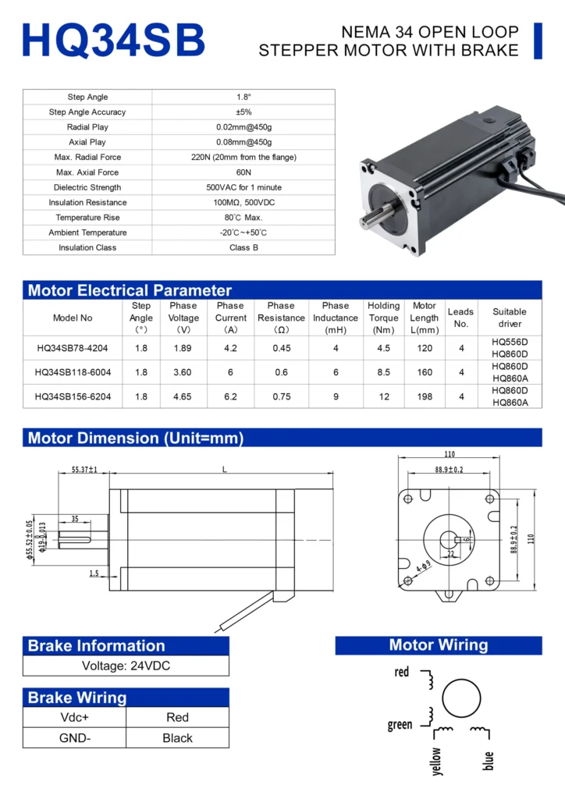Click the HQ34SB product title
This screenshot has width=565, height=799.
point(114,40)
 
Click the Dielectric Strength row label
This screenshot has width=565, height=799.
point(87,187)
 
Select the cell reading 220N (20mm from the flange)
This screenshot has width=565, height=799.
point(243,157)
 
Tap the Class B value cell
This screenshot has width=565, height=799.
point(243,247)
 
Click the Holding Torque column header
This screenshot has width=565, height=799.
point(383,318)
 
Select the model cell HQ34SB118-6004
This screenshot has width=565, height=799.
point(73,372)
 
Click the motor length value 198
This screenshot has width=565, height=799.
point(425,396)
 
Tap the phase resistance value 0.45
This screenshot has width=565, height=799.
point(281,348)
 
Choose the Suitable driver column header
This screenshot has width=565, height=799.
point(510,318)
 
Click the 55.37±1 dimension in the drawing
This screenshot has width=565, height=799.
point(84,470)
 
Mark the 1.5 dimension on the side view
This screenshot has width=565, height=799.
point(94,573)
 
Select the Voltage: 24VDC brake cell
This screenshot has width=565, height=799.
point(126,666)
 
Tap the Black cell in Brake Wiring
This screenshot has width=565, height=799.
point(177,738)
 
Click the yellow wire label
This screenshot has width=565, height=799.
point(436,761)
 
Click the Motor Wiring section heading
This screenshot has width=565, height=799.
point(438,645)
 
